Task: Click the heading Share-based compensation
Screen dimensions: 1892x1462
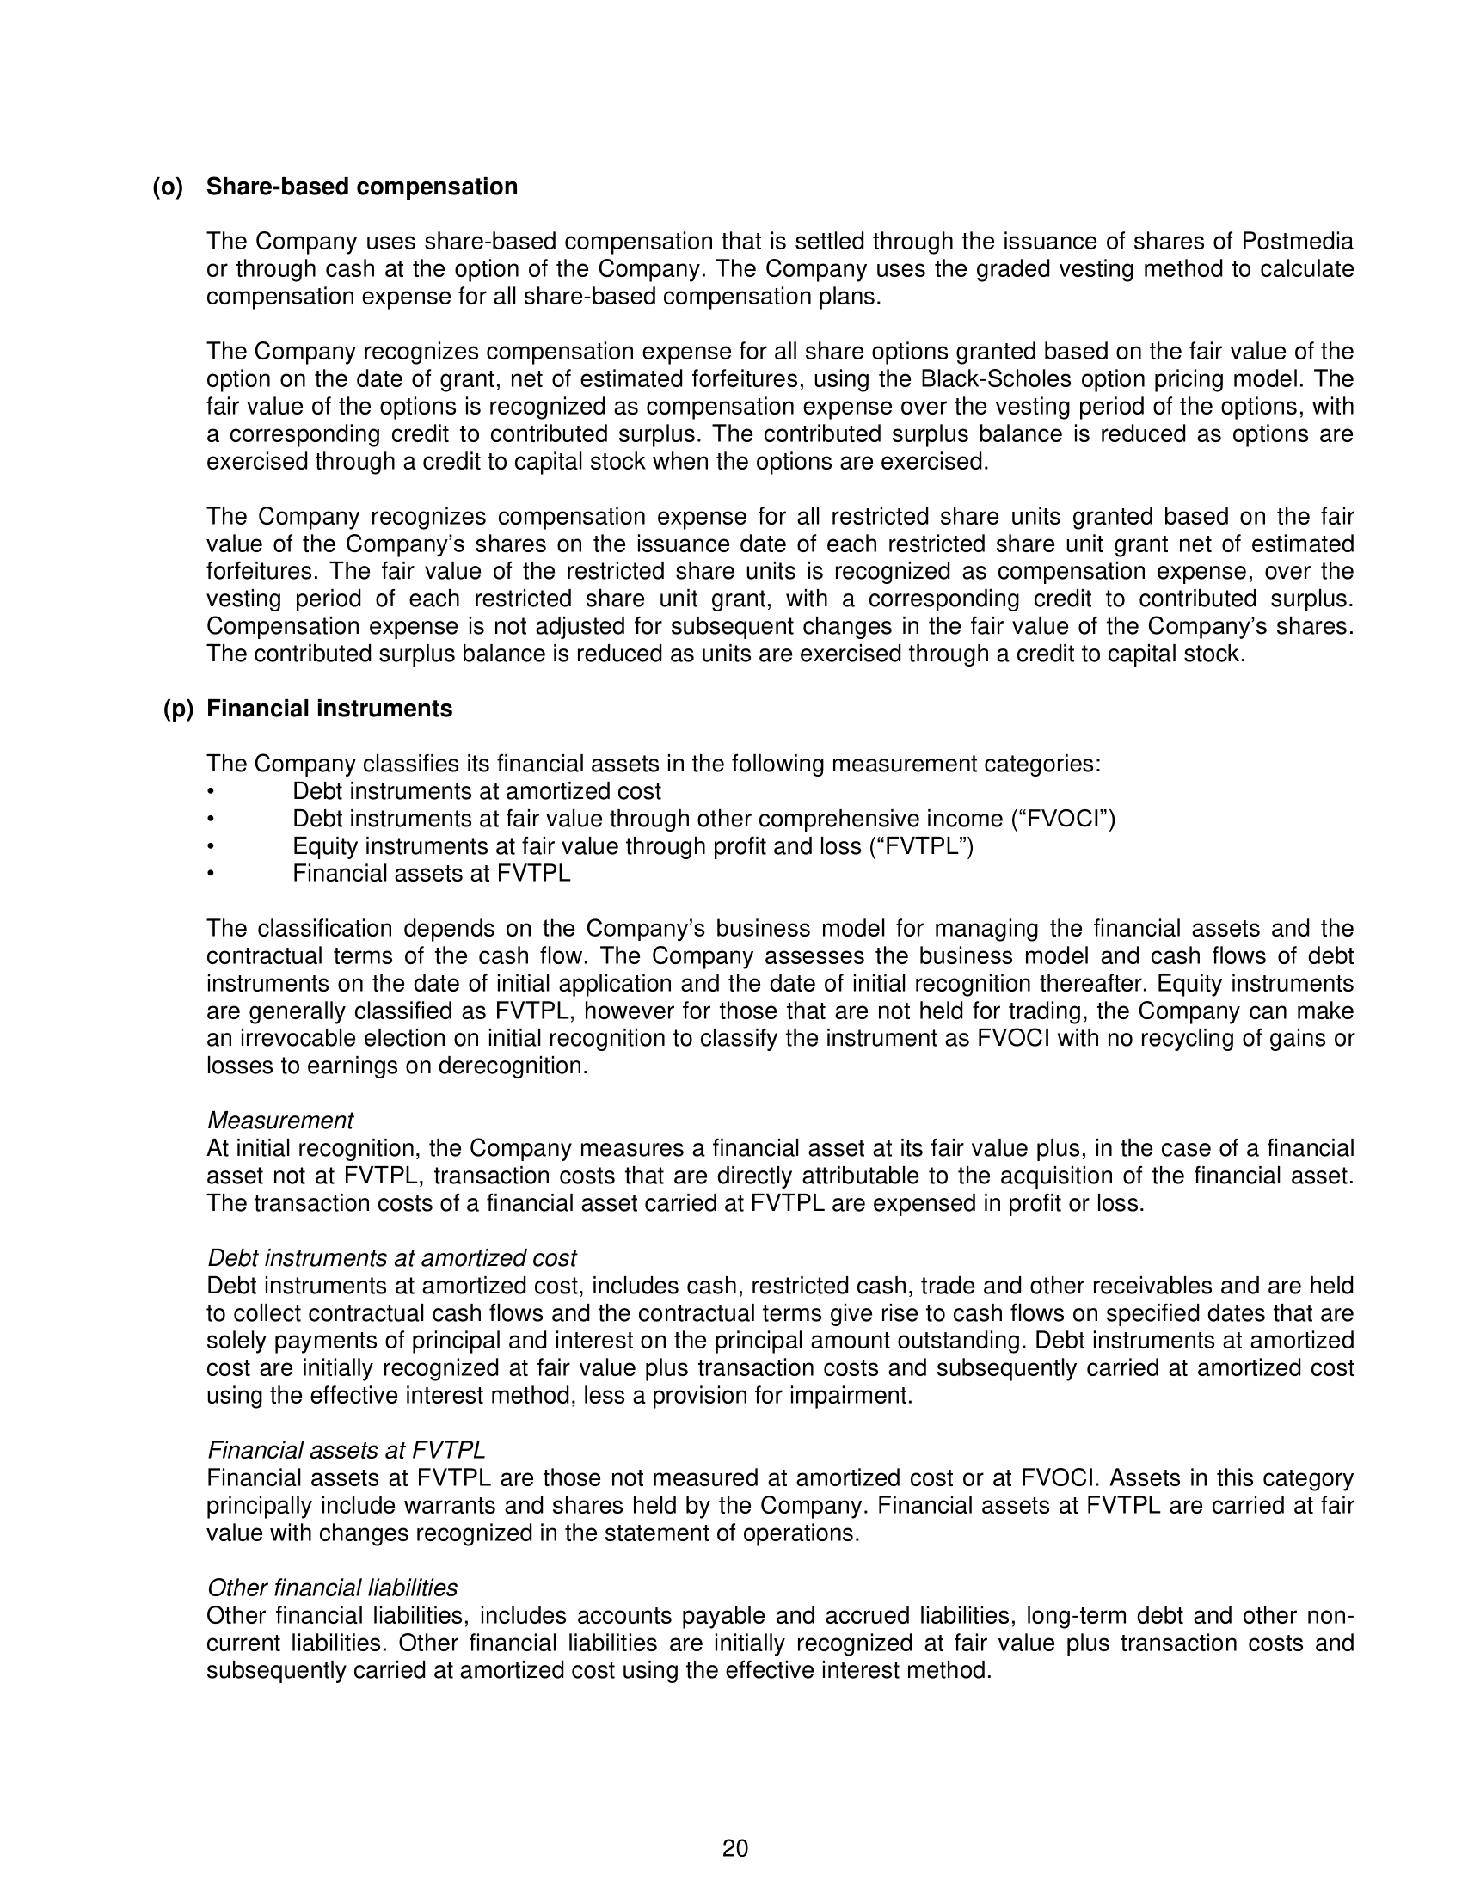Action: click(x=361, y=187)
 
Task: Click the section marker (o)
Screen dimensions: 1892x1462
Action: click(x=168, y=187)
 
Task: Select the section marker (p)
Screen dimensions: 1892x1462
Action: click(x=178, y=709)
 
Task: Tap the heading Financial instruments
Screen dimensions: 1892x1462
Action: click(x=329, y=709)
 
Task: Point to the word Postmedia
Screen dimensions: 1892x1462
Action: click(x=1298, y=242)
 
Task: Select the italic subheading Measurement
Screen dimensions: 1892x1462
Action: click(x=279, y=1121)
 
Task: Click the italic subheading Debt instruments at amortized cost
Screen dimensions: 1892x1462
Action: click(x=391, y=1258)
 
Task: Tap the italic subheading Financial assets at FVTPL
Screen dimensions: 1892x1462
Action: click(x=346, y=1450)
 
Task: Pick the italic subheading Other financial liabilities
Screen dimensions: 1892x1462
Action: click(x=332, y=1588)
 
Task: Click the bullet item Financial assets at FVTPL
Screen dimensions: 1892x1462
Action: click(x=432, y=873)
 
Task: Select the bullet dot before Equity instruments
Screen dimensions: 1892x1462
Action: click(x=210, y=846)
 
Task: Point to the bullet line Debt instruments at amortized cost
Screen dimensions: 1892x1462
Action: click(x=476, y=791)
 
